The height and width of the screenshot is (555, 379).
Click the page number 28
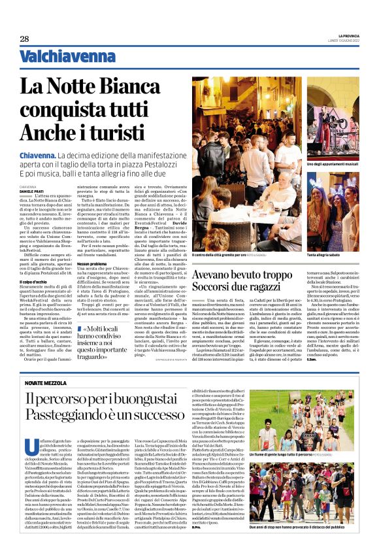(24, 39)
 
